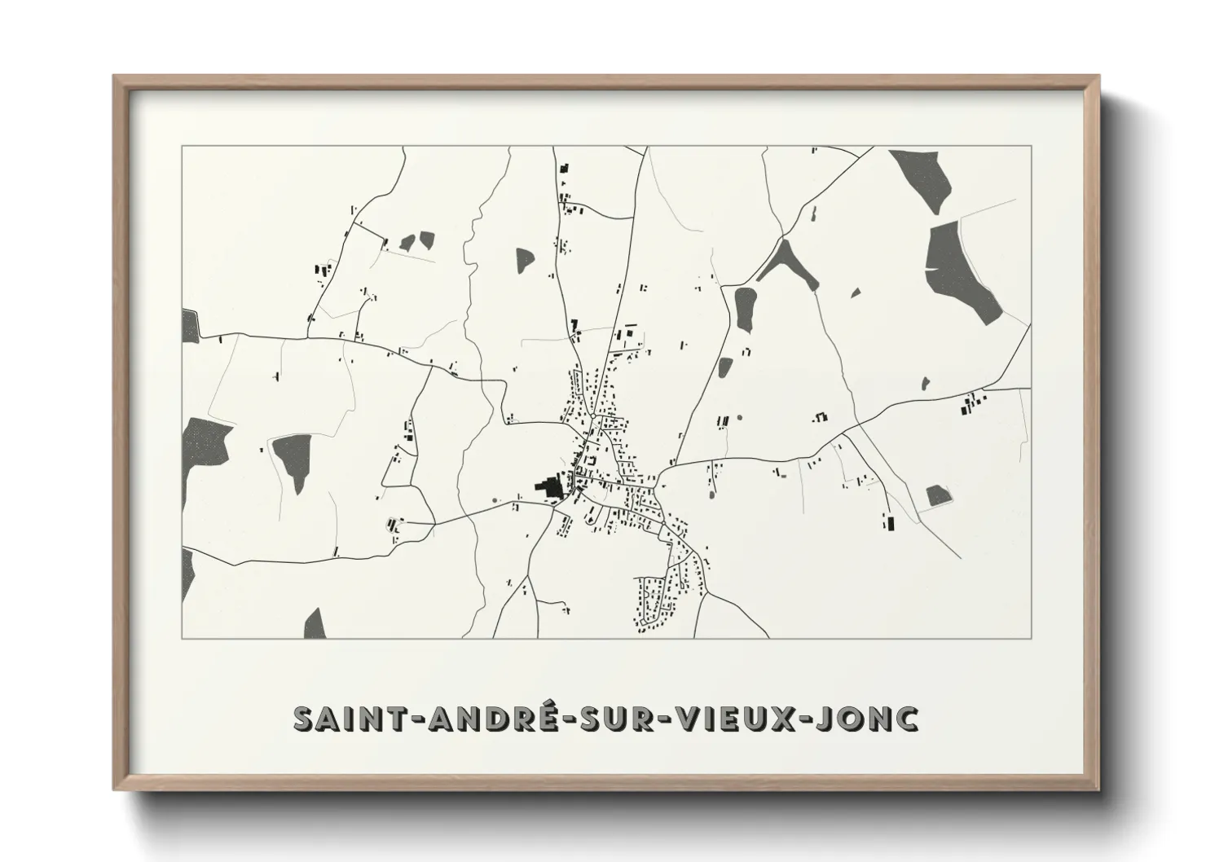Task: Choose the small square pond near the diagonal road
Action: point(938,495)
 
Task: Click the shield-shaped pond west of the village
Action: point(292,460)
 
